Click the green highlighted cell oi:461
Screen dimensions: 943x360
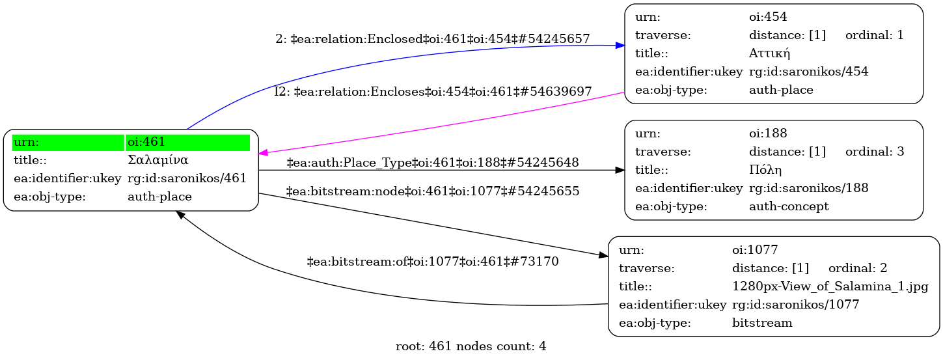pos(188,143)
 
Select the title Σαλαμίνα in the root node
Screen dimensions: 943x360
pos(158,160)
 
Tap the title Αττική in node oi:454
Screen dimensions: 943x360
pos(769,53)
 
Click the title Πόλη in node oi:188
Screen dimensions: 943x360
pos(765,170)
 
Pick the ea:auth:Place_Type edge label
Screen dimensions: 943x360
pos(432,163)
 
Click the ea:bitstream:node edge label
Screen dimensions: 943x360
pos(432,191)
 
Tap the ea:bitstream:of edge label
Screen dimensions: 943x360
pos(433,262)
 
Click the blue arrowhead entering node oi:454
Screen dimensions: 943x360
pos(620,46)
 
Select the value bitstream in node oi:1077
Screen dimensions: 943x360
pos(762,323)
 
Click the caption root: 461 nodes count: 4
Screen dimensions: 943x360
pos(471,346)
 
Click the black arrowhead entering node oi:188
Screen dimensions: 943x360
pos(620,170)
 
